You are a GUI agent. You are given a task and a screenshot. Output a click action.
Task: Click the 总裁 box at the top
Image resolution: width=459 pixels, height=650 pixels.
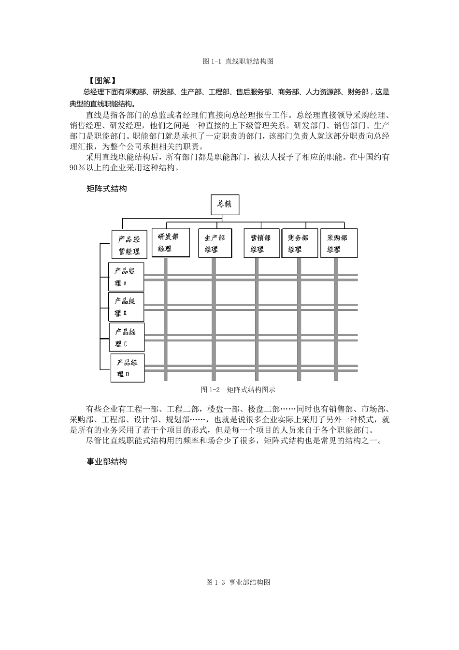click(225, 204)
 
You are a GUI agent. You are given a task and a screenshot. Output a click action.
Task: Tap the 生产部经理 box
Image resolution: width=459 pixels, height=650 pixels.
click(215, 243)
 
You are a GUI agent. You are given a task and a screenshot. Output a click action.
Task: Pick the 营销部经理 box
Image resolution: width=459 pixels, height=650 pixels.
click(261, 243)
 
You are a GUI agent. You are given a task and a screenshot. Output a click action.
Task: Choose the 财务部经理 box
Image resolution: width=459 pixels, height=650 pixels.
click(299, 243)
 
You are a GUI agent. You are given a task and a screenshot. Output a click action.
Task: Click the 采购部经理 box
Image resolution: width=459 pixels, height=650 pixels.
click(339, 243)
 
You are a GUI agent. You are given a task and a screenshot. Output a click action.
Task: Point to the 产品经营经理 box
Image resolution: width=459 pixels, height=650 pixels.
click(129, 245)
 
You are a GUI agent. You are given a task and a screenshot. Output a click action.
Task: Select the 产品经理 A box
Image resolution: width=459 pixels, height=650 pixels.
click(126, 277)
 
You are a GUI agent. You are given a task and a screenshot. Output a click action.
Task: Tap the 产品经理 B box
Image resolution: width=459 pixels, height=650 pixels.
click(126, 307)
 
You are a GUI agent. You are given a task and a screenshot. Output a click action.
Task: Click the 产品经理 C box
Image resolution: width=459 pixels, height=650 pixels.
click(127, 337)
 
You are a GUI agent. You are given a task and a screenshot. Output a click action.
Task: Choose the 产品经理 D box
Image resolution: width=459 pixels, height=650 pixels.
click(128, 368)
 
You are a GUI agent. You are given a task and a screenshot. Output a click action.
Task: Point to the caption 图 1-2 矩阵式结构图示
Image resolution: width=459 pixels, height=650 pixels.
click(238, 390)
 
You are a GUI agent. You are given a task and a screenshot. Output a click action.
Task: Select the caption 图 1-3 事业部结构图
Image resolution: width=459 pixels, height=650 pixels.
click(238, 582)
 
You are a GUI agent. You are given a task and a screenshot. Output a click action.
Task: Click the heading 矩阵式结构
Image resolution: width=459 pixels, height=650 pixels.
click(106, 189)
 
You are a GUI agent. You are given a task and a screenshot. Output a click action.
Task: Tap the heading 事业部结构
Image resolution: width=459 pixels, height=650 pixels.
click(106, 462)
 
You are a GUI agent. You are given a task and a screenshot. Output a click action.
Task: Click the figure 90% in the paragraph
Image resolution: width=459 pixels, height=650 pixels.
click(77, 168)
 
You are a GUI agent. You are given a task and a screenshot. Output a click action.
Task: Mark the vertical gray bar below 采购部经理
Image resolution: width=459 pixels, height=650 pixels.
click(336, 314)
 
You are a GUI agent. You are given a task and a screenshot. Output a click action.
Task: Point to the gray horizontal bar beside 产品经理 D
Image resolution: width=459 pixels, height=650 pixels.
click(251, 368)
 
